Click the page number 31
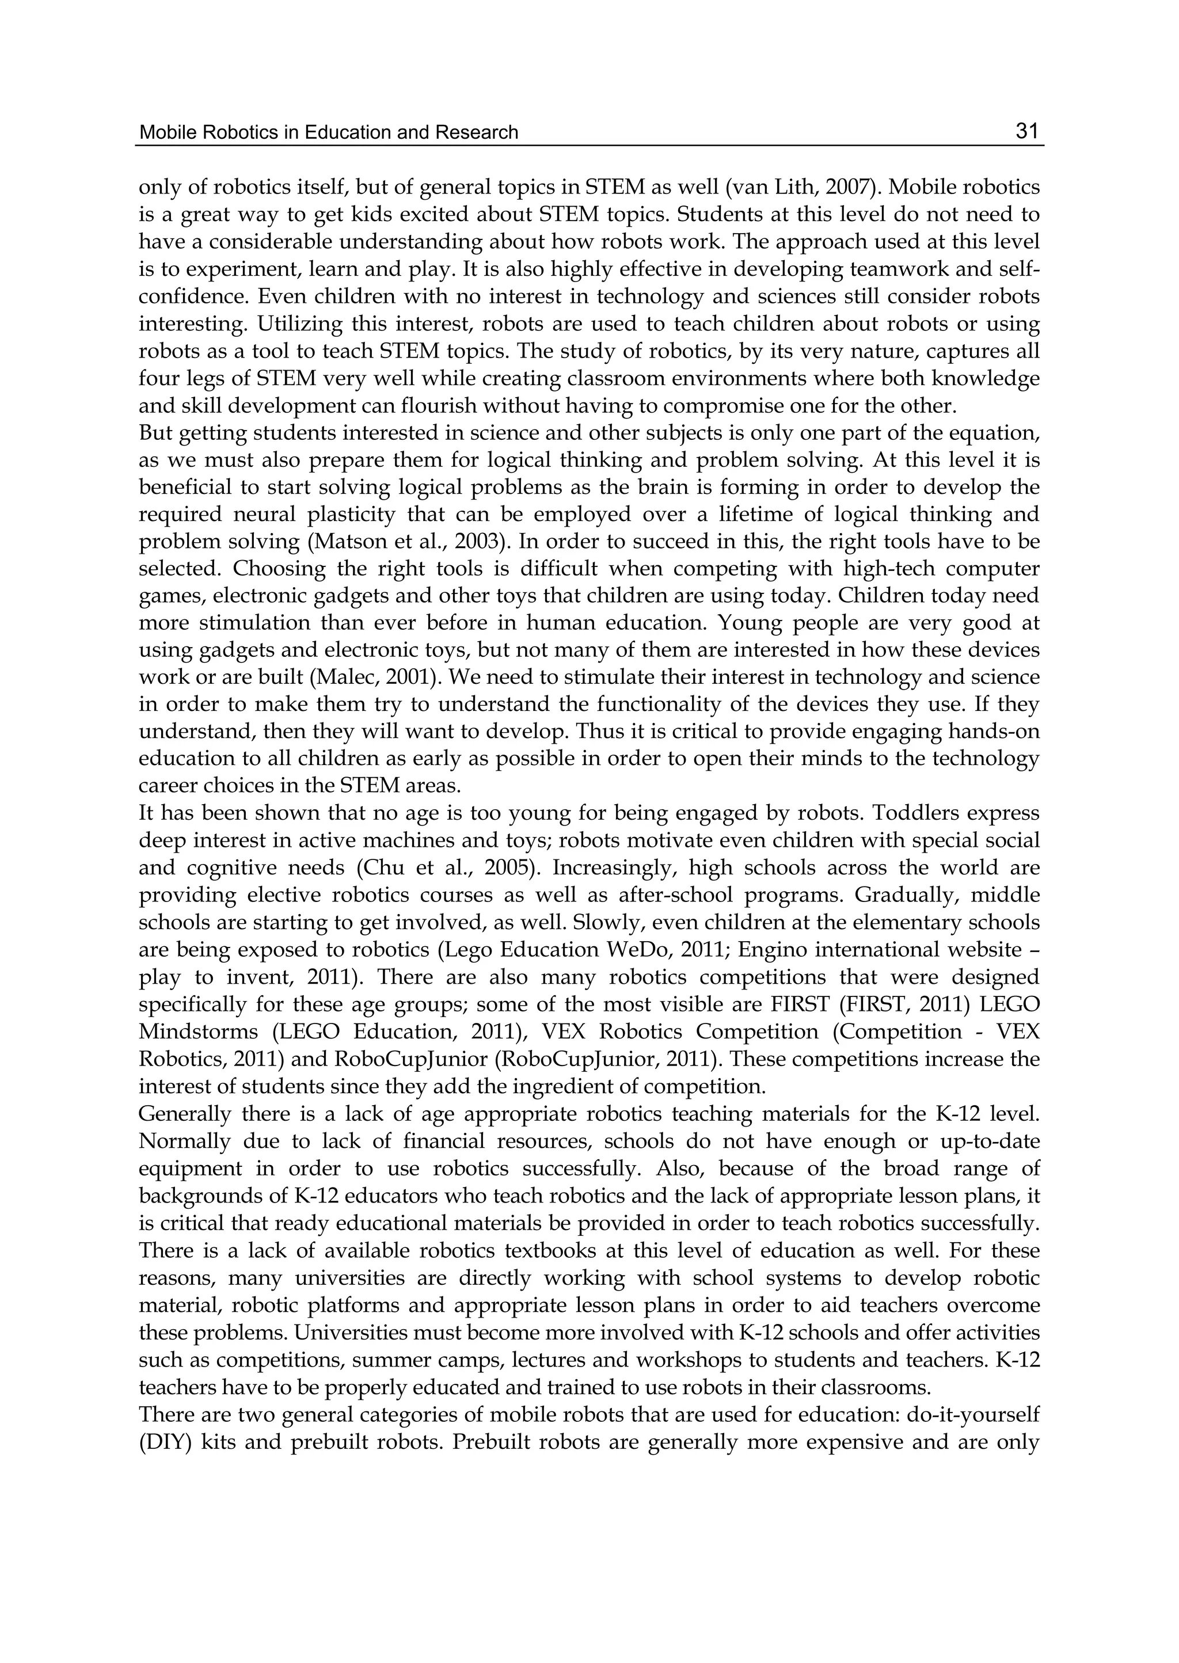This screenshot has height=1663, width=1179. click(1027, 131)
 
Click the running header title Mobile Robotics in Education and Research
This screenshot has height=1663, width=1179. click(328, 132)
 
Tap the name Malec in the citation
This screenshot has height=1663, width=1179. click(340, 678)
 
